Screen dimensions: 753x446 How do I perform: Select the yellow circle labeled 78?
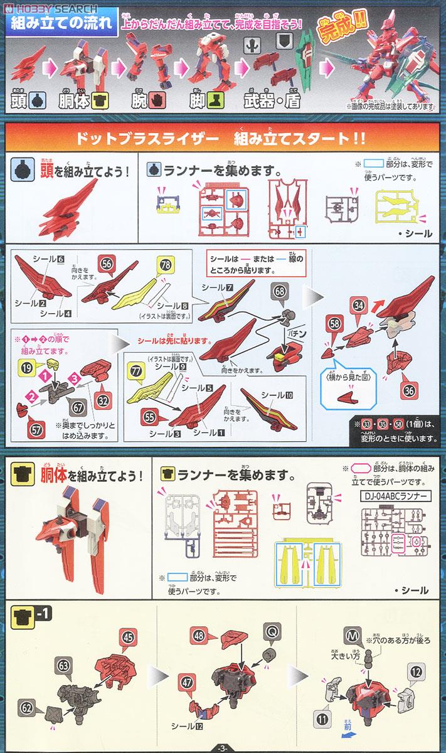click(165, 265)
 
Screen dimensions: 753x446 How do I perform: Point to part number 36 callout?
click(408, 390)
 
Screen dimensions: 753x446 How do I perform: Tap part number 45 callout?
click(128, 635)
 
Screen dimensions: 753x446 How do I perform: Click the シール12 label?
click(187, 726)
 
